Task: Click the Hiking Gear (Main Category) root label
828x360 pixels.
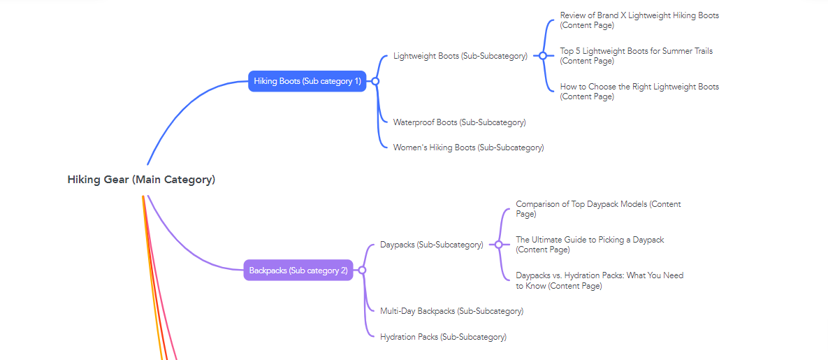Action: click(141, 180)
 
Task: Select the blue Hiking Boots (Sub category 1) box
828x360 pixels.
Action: click(307, 81)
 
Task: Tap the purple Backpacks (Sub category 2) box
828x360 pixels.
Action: click(298, 270)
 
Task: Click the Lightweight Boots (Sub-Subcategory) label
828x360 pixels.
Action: click(460, 56)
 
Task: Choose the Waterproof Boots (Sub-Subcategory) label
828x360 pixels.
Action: click(459, 122)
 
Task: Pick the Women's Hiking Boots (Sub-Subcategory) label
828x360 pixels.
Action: click(468, 147)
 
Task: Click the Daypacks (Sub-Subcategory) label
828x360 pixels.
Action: click(431, 245)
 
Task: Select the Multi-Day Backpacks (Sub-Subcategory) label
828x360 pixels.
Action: click(451, 311)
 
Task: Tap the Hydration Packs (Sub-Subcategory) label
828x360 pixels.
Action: click(443, 337)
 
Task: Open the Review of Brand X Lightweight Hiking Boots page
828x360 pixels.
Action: click(639, 20)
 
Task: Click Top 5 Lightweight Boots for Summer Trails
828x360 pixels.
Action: click(636, 56)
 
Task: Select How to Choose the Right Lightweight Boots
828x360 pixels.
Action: click(639, 92)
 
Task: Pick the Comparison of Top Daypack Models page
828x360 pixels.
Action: click(597, 209)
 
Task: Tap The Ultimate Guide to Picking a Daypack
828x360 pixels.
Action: click(590, 245)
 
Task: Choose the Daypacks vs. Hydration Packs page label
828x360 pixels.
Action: click(599, 280)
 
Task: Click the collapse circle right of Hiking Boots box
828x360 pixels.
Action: click(375, 81)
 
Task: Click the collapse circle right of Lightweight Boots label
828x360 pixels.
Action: click(542, 56)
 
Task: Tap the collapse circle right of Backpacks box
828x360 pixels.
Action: click(362, 270)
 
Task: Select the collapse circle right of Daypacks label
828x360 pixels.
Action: click(498, 245)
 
